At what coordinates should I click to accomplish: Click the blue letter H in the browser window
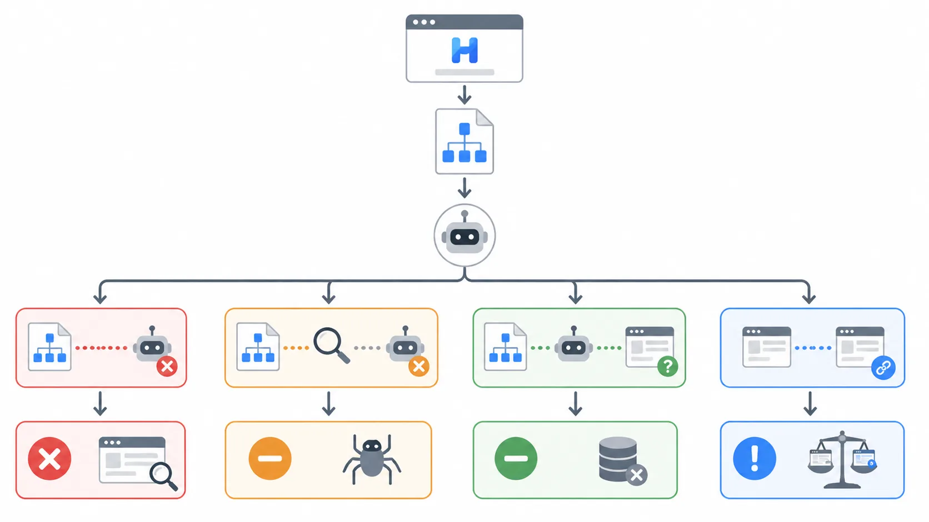464,51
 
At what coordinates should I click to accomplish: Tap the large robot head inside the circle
464,237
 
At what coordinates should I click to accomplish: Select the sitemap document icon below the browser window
464,142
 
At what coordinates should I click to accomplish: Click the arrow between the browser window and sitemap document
464,95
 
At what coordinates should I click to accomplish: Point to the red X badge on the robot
167,367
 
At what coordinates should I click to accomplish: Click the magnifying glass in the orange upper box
331,345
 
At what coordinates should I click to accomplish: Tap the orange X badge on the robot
419,367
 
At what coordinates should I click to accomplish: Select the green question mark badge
667,367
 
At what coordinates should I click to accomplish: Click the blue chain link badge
883,368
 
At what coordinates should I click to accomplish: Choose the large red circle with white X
49,459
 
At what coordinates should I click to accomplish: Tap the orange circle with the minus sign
270,459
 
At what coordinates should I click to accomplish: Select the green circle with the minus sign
516,459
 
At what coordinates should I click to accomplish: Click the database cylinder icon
618,459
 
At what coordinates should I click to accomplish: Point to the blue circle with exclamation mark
755,459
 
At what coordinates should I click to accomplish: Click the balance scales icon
842,460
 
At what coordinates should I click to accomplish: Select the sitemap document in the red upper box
49,347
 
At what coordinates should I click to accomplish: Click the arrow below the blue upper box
810,404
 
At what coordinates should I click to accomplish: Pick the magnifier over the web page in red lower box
163,475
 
